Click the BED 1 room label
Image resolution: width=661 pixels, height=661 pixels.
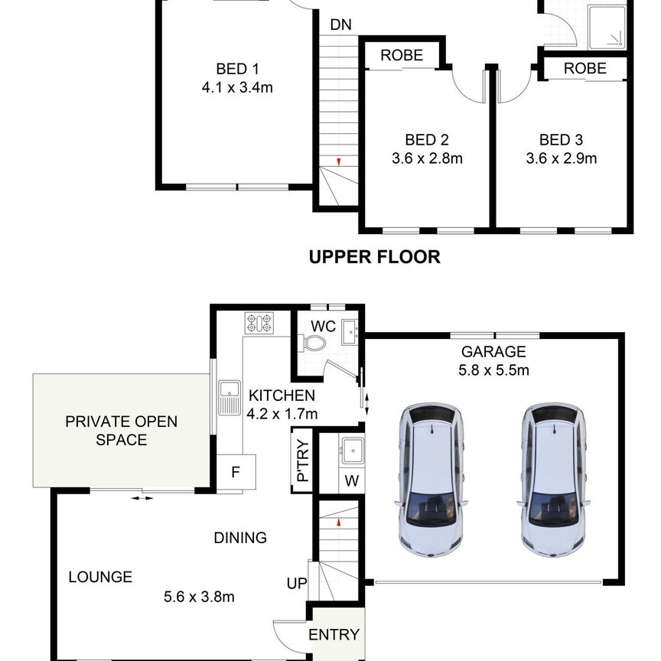pos(237,69)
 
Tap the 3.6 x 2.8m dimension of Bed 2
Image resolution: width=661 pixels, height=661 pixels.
pos(427,158)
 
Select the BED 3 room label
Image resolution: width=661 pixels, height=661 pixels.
pos(561,139)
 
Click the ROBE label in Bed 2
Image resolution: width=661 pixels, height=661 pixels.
pos(402,55)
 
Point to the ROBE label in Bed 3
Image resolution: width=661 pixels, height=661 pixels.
pos(585,68)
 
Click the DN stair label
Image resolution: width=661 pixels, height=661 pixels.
pos(340,25)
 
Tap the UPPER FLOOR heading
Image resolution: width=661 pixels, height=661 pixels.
pos(375,257)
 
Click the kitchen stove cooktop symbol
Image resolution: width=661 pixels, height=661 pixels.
pos(259,324)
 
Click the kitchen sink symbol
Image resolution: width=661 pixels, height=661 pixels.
pos(230,398)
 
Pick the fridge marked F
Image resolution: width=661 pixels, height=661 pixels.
pos(236,472)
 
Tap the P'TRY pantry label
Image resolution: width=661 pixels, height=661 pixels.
pos(303,461)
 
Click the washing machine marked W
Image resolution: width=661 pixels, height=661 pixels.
pos(352,480)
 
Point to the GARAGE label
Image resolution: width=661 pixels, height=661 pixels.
pos(493,352)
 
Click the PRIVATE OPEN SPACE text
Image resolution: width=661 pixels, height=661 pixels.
pos(122,431)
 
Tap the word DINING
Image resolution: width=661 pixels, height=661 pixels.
pos(240,538)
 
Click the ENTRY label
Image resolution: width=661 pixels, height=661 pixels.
pos(334,634)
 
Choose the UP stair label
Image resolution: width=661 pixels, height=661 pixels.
pos(297,584)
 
